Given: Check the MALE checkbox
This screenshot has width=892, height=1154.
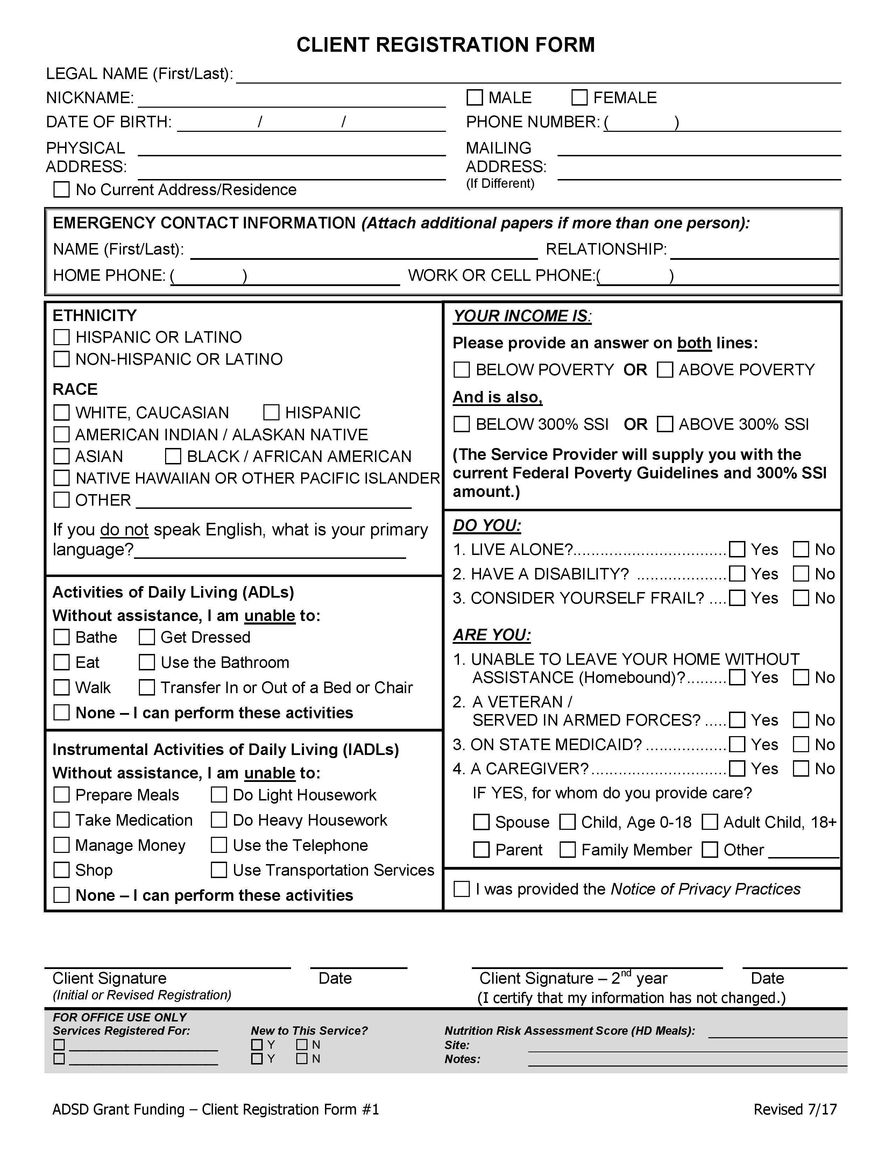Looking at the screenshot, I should click(475, 98).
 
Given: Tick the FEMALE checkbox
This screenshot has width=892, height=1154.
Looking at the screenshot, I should click(579, 98).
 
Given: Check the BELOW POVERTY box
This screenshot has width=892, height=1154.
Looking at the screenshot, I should click(461, 370).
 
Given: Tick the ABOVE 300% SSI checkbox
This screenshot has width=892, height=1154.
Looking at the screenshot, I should click(665, 424).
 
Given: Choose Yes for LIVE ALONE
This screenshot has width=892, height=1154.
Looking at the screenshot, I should click(737, 549).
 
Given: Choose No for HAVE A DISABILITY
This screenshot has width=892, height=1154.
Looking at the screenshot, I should click(801, 574).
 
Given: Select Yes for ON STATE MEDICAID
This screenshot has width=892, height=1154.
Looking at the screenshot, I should click(737, 745).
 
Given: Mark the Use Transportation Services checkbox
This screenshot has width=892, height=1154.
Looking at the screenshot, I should click(218, 870).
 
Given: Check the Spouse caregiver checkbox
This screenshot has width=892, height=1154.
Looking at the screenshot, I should click(481, 822).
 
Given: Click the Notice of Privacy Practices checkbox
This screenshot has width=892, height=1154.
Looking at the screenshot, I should click(461, 889).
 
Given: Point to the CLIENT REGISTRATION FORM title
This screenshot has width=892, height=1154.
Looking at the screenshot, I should click(445, 45).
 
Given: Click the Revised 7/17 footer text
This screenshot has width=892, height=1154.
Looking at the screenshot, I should click(795, 1109).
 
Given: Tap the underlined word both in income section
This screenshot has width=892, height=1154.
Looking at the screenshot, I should click(694, 343).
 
